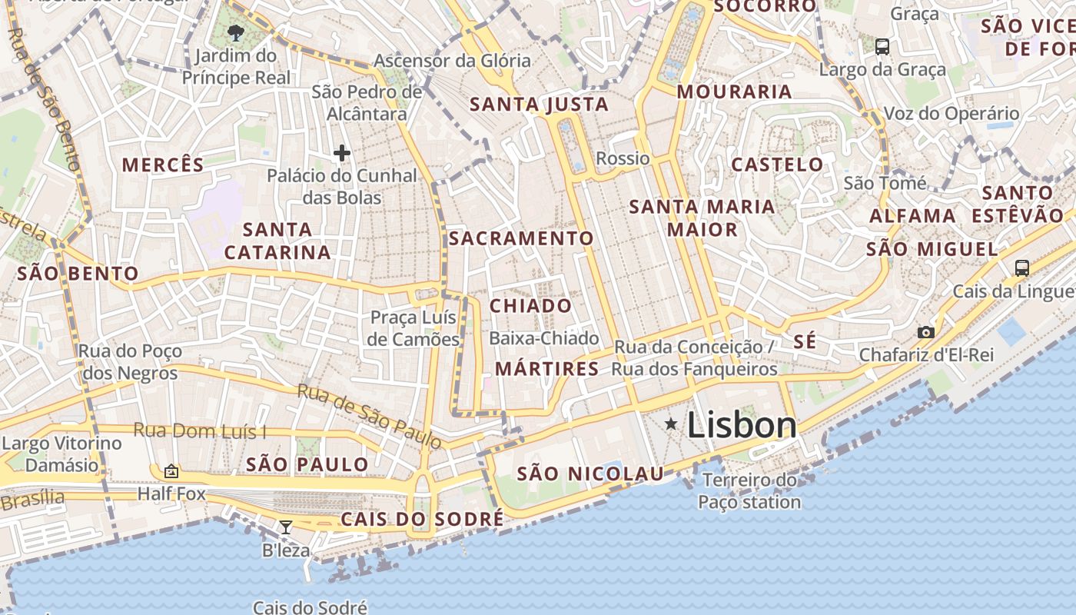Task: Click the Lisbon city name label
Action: pos(742,425)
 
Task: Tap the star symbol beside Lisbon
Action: pos(672,424)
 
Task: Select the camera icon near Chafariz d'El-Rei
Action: pos(926,332)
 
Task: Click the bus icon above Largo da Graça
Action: pos(882,46)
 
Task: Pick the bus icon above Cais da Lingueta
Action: pos(1021,268)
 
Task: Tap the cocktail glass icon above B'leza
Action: pos(286,527)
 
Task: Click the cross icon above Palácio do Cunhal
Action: pos(342,153)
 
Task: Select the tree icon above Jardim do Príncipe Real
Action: pos(236,32)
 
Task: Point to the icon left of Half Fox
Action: pos(171,470)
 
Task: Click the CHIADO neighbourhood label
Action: pos(531,306)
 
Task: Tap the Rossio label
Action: pos(623,158)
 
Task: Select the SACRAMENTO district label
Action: pos(521,238)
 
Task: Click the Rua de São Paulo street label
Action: pos(369,415)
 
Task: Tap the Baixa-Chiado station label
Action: pos(543,338)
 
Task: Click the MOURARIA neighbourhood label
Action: pos(734,91)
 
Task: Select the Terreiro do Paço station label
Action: pos(749,491)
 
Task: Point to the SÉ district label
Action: pos(805,342)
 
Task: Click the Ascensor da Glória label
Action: pos(452,60)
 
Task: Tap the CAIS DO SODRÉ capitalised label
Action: pos(422,519)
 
